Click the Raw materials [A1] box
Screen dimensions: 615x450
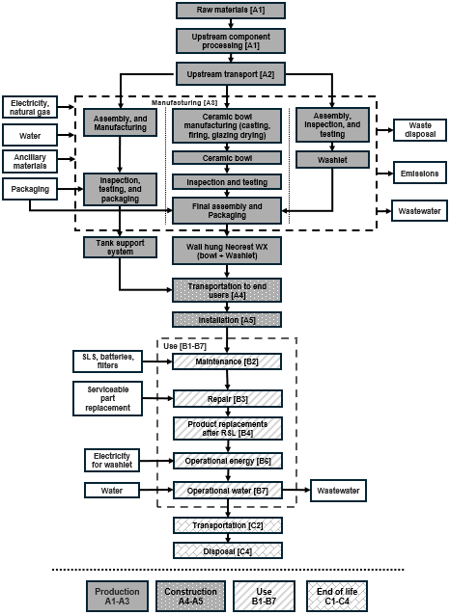[x=227, y=11]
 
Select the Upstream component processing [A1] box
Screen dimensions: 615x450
[x=227, y=40]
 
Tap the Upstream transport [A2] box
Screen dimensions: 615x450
[x=227, y=72]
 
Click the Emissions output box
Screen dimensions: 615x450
[x=417, y=174]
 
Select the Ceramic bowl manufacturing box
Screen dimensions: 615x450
[x=227, y=126]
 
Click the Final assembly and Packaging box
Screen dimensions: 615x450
[x=227, y=210]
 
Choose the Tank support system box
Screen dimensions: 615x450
[x=119, y=248]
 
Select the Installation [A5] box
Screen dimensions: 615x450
[x=227, y=318]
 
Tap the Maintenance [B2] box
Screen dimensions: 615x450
[x=227, y=361]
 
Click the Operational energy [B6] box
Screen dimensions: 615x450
[x=227, y=460]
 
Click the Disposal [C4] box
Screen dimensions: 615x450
[x=227, y=549]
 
